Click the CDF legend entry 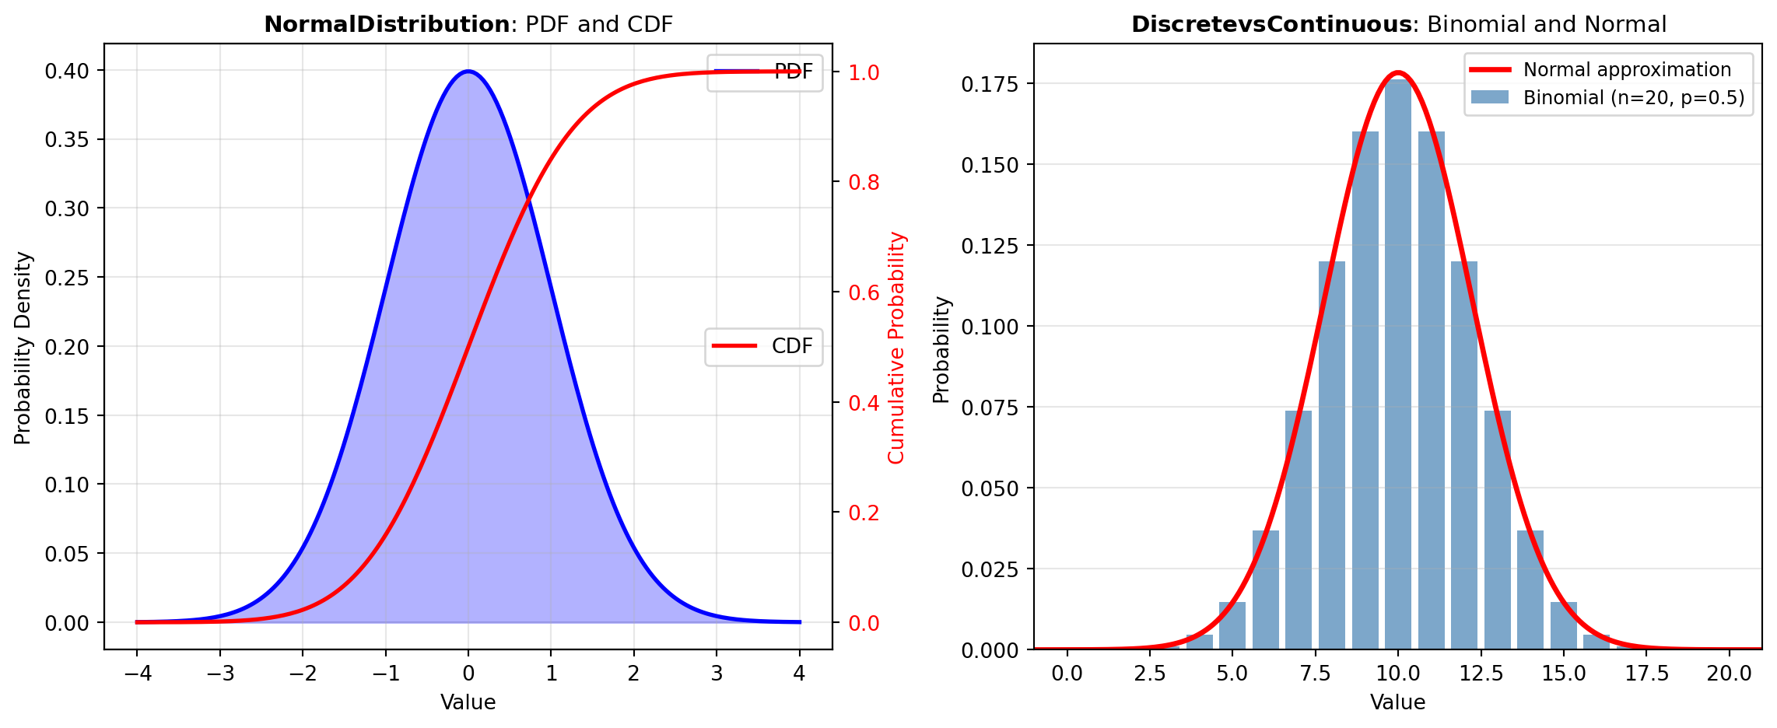pyautogui.click(x=764, y=347)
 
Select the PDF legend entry pyautogui.click(x=764, y=72)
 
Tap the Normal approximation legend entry pyautogui.click(x=1607, y=70)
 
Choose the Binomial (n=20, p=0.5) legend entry pyautogui.click(x=1607, y=98)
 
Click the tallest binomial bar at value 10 pyautogui.click(x=1398, y=366)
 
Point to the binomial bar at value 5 pyautogui.click(x=1232, y=626)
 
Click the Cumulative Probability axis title pyautogui.click(x=897, y=348)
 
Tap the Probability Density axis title pyautogui.click(x=23, y=348)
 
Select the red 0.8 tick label pyautogui.click(x=864, y=182)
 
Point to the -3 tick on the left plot pyautogui.click(x=219, y=674)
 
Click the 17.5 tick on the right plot pyautogui.click(x=1647, y=674)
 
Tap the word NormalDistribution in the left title pyautogui.click(x=387, y=25)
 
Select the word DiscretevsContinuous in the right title pyautogui.click(x=1271, y=25)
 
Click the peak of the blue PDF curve pyautogui.click(x=468, y=72)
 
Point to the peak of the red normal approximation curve pyautogui.click(x=1398, y=73)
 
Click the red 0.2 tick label pyautogui.click(x=864, y=513)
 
